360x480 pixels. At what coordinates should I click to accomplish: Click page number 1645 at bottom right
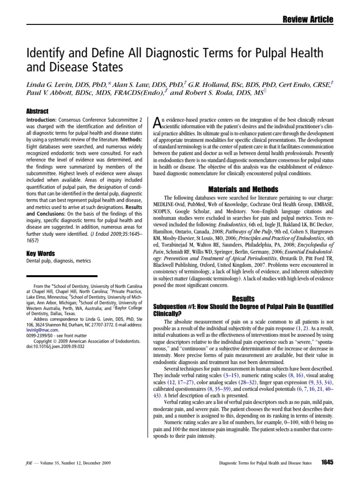[327, 463]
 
